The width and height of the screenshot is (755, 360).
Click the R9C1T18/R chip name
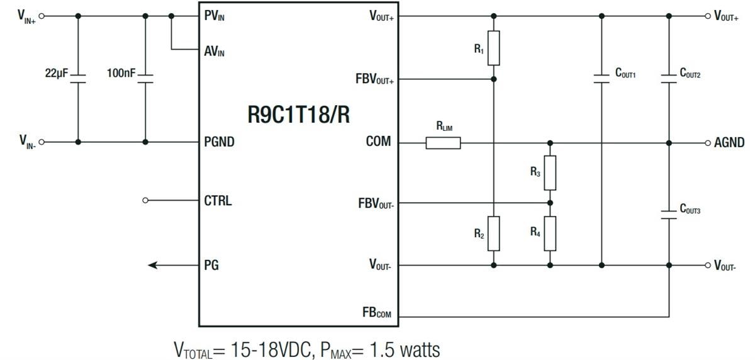tap(298, 116)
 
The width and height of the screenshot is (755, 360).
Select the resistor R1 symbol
tap(494, 48)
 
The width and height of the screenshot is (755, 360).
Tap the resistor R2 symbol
tap(494, 233)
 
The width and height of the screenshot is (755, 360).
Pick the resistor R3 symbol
tap(550, 172)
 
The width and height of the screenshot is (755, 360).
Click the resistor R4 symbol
tap(550, 233)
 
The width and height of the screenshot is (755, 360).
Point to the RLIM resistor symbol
tap(443, 143)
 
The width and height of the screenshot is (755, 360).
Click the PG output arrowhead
tap(153, 266)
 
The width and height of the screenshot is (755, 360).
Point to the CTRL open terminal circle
tap(145, 201)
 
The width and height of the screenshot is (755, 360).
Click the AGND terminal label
tap(729, 143)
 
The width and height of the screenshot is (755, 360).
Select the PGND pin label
tap(219, 142)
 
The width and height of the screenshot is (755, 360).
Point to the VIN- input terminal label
tap(27, 142)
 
